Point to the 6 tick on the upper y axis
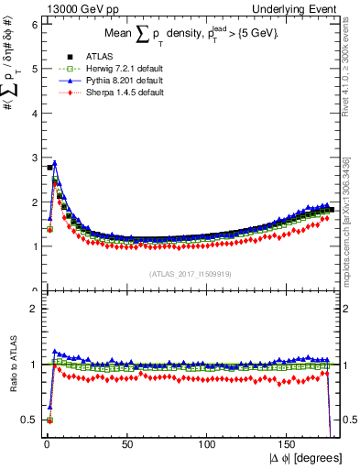[34, 24]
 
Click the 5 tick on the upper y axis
[34, 69]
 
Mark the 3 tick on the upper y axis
[34, 158]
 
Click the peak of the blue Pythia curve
[55, 164]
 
